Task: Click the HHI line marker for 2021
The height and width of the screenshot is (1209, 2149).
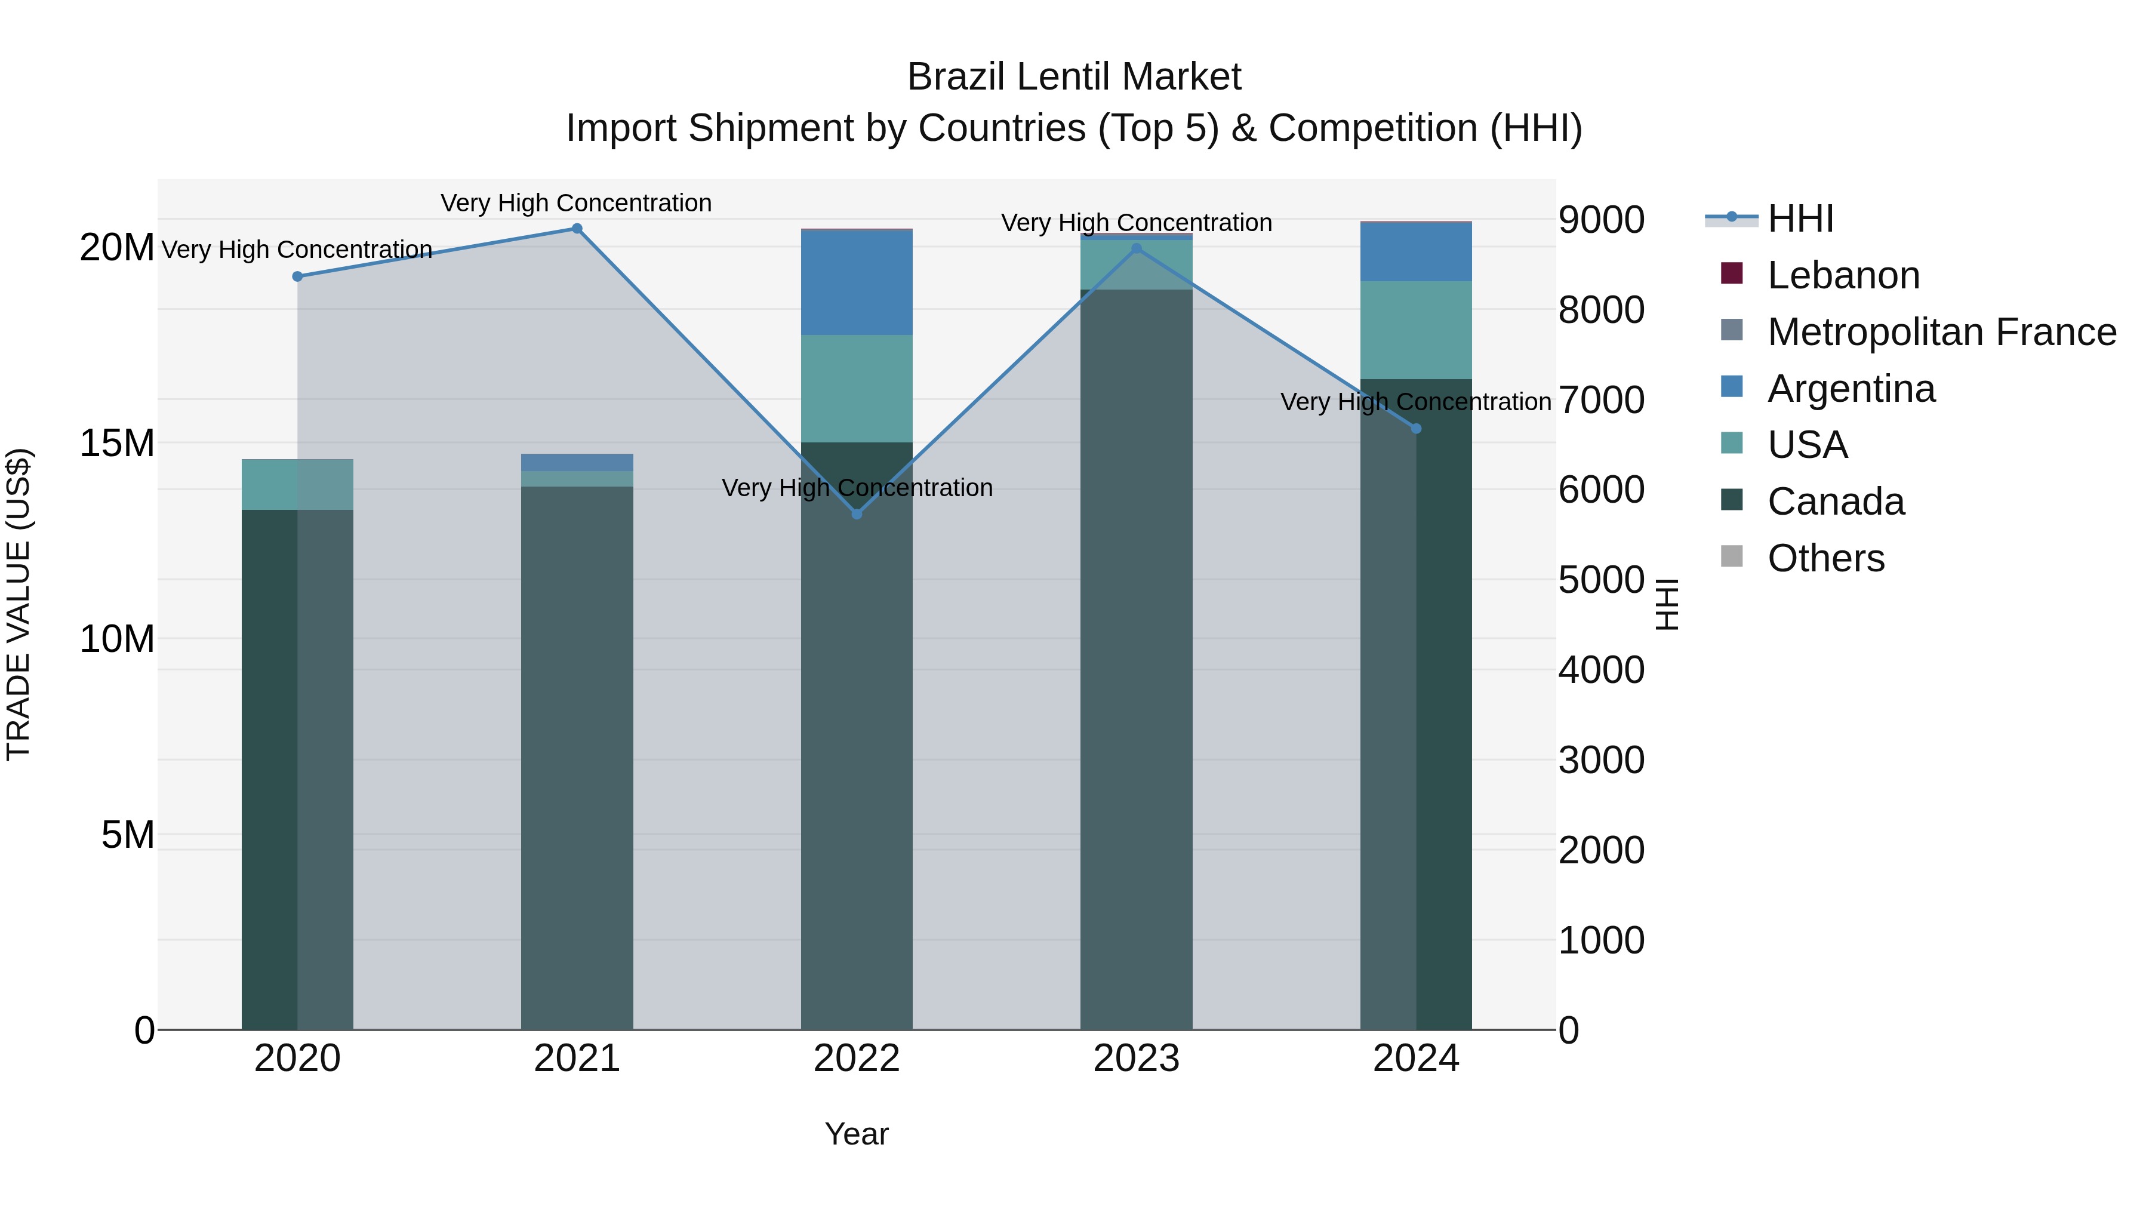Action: [577, 229]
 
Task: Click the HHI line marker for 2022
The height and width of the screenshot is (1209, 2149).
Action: [857, 514]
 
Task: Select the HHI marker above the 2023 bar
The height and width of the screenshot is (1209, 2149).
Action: [1136, 248]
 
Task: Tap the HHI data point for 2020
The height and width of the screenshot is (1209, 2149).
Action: [297, 276]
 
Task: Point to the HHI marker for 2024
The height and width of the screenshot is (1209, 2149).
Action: [1416, 429]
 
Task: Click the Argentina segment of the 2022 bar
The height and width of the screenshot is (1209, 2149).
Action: [857, 282]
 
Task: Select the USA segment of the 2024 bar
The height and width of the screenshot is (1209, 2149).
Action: [1416, 330]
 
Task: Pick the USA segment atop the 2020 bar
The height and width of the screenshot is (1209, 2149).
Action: [297, 484]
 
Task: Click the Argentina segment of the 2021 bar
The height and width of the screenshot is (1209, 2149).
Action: [577, 462]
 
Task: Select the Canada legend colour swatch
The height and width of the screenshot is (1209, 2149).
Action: [1732, 501]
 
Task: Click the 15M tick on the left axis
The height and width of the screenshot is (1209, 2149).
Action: [117, 443]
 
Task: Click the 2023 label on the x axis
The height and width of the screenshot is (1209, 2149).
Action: [1136, 1059]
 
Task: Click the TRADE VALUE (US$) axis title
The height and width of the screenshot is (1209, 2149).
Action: [19, 604]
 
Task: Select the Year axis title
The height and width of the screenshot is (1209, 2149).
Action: [857, 1134]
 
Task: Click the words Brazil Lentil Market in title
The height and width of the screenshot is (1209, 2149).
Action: [1074, 77]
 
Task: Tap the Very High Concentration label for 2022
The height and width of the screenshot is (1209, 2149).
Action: [857, 487]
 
